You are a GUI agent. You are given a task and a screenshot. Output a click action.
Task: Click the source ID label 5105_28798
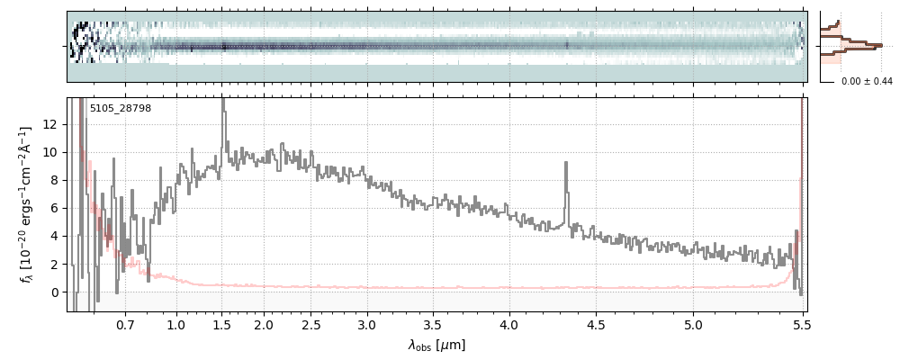pyautogui.click(x=120, y=109)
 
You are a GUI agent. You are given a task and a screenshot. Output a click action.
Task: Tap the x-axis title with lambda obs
pyautogui.click(x=436, y=345)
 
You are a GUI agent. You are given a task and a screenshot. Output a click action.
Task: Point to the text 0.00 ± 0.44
pyautogui.click(x=866, y=82)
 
